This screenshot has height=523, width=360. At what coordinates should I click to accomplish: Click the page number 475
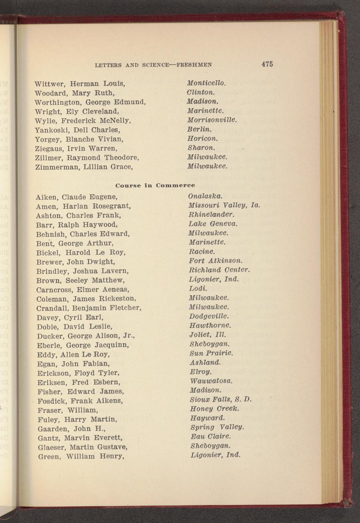coord(267,64)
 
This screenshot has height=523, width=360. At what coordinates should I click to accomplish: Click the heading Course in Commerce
coord(155,185)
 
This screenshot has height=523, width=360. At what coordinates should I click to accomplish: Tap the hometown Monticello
coord(206,83)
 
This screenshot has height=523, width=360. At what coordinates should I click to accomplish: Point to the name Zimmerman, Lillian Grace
coord(84,167)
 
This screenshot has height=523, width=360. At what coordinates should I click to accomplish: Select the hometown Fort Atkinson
coord(216,261)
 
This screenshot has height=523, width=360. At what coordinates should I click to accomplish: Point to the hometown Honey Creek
coord(214,409)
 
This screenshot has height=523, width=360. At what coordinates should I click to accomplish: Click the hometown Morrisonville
coord(212,120)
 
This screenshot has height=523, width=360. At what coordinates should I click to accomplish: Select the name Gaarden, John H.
coord(72,429)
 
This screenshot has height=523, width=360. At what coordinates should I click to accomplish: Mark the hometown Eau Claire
coord(211,437)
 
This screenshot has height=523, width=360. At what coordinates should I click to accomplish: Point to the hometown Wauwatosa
coord(211,381)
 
